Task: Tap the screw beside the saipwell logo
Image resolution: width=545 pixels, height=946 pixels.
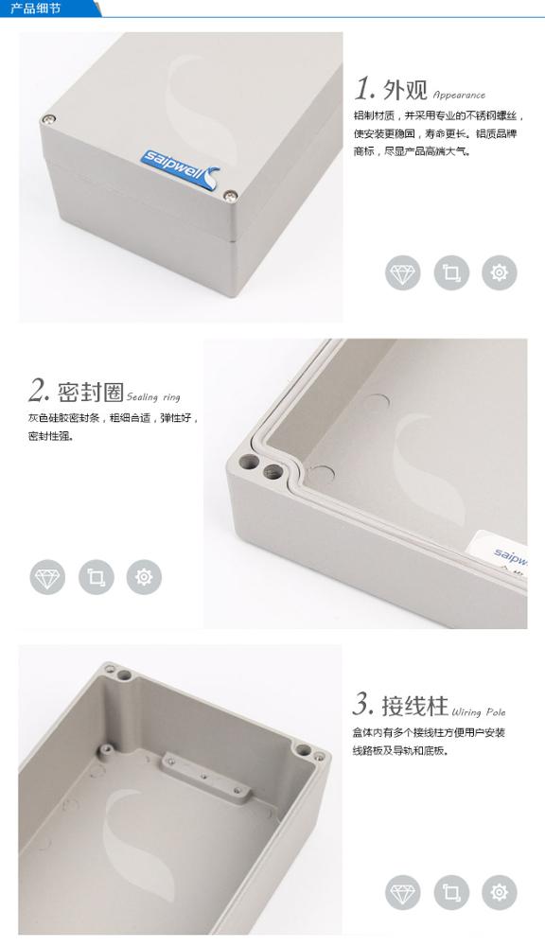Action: (231, 197)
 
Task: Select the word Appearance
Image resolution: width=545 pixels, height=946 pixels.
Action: (459, 95)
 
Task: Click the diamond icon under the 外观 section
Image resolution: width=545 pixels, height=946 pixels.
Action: (402, 273)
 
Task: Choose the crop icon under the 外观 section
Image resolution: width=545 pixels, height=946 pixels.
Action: (450, 273)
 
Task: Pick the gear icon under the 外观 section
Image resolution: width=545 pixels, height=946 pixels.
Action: (500, 273)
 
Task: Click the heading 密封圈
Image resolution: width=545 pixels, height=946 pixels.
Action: (91, 392)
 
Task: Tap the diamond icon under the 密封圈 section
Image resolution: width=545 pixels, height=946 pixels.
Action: (47, 576)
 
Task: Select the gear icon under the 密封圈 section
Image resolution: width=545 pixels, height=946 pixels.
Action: (144, 576)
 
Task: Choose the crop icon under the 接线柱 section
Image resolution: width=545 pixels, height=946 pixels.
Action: (450, 891)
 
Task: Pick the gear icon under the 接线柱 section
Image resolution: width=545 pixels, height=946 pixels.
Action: (500, 891)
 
